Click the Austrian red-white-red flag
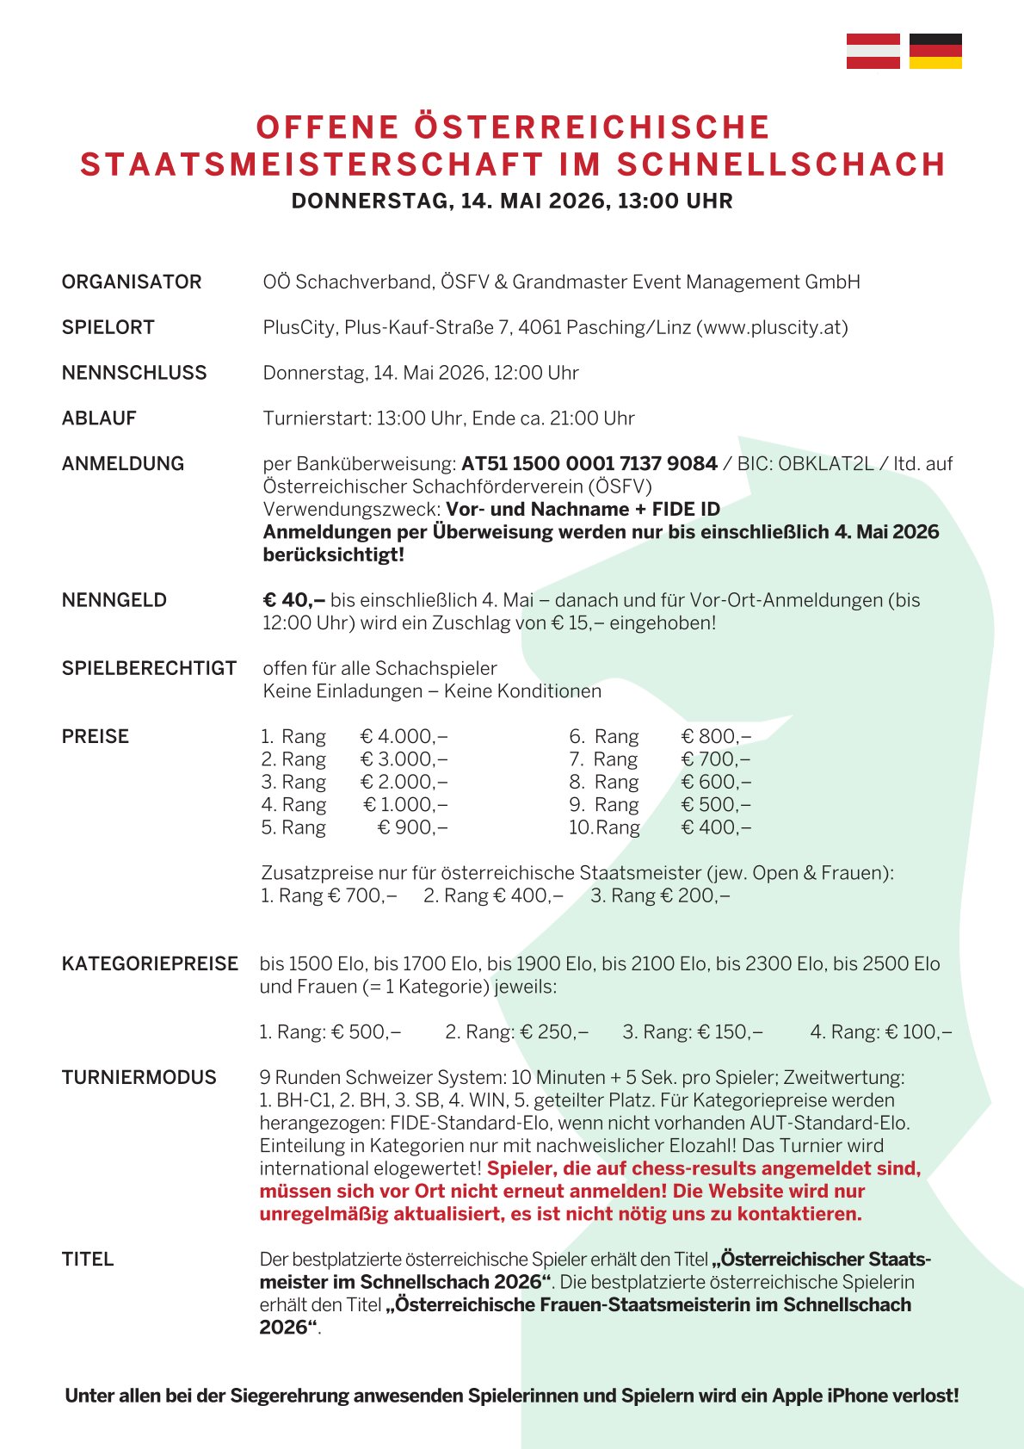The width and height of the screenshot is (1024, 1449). click(x=873, y=52)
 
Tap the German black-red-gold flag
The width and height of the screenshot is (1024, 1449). click(x=935, y=52)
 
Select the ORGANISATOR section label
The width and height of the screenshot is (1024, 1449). click(x=132, y=282)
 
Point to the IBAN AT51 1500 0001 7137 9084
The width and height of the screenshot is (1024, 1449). click(x=589, y=464)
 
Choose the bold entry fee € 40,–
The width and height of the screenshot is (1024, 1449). click(x=293, y=600)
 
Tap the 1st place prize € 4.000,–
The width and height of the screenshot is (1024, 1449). click(x=404, y=737)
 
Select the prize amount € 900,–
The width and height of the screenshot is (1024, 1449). click(x=413, y=827)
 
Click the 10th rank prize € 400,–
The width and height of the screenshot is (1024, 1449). click(x=716, y=827)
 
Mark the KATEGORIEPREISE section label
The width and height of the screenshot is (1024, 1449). click(x=150, y=964)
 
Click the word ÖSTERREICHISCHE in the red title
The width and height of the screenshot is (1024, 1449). click(x=592, y=127)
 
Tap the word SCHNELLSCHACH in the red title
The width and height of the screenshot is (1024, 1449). click(x=781, y=164)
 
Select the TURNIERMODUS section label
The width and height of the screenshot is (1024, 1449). click(x=139, y=1078)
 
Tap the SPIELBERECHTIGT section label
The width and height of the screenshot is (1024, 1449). click(x=149, y=669)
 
